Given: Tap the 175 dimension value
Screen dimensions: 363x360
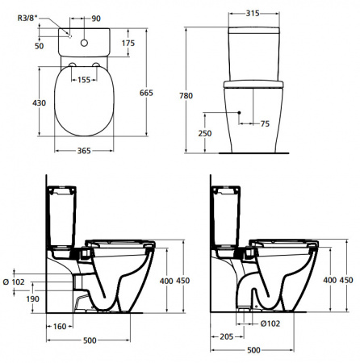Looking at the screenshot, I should [x=128, y=42].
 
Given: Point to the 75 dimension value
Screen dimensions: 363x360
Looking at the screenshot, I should [x=265, y=123].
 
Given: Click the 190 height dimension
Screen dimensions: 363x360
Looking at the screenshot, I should [x=33, y=298].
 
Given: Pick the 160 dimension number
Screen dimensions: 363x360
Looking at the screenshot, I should [x=58, y=327].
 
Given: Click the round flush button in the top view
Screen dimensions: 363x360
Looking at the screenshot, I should [x=85, y=35].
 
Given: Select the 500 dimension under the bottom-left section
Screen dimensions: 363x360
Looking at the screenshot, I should [x=90, y=340].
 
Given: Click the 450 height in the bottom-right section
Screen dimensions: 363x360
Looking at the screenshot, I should [x=347, y=279].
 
